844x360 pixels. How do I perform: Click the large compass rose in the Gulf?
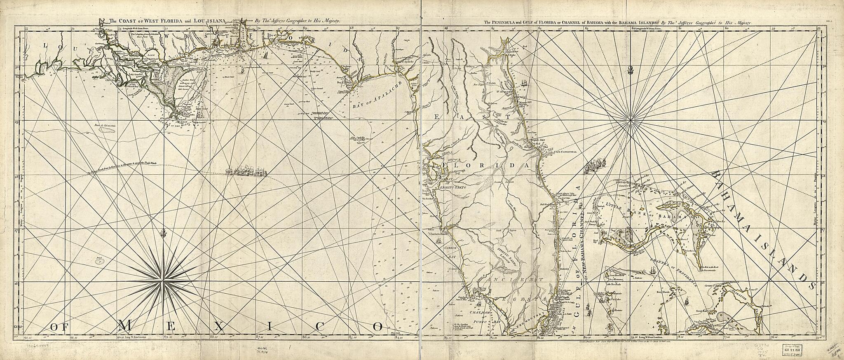coord(164,282)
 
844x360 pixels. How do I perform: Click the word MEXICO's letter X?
coord(220,326)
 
